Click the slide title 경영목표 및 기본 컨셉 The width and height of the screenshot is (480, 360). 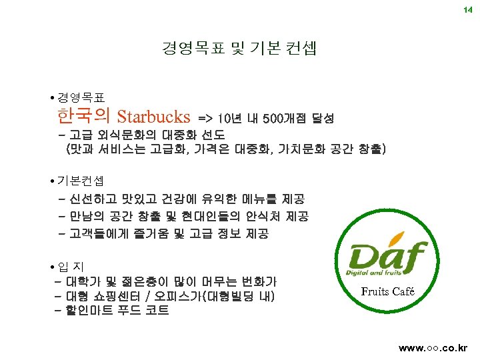tap(239, 48)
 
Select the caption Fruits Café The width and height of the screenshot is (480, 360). tap(387, 291)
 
